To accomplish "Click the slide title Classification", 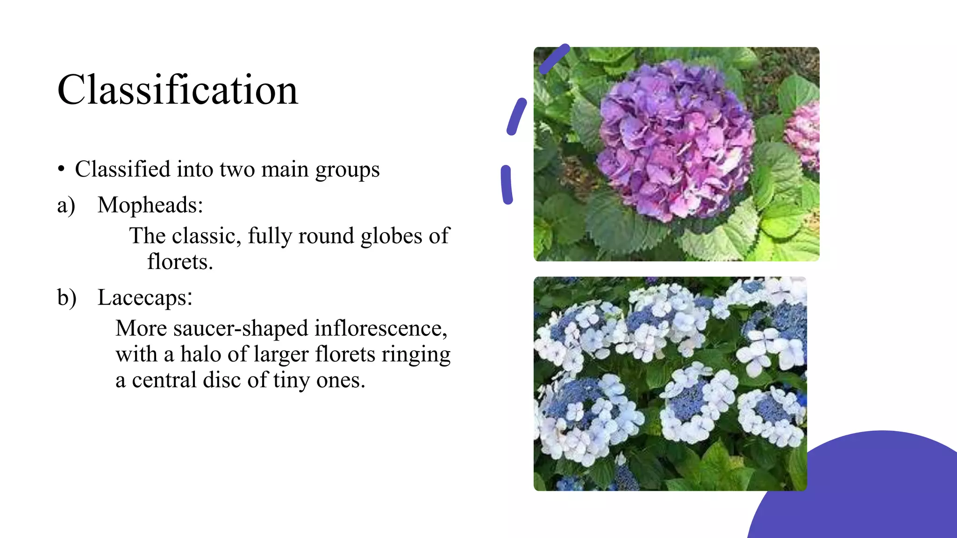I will [178, 90].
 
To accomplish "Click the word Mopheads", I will [150, 205].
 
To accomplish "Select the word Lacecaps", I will [145, 297].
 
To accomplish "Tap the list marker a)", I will [66, 205].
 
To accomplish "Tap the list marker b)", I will [67, 297].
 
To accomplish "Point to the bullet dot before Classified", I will [61, 170].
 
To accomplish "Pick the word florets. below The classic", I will [180, 262].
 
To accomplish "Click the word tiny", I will [292, 380].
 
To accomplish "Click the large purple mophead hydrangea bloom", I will [675, 140].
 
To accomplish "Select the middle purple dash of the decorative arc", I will [516, 117].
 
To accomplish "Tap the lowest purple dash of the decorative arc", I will [507, 185].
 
